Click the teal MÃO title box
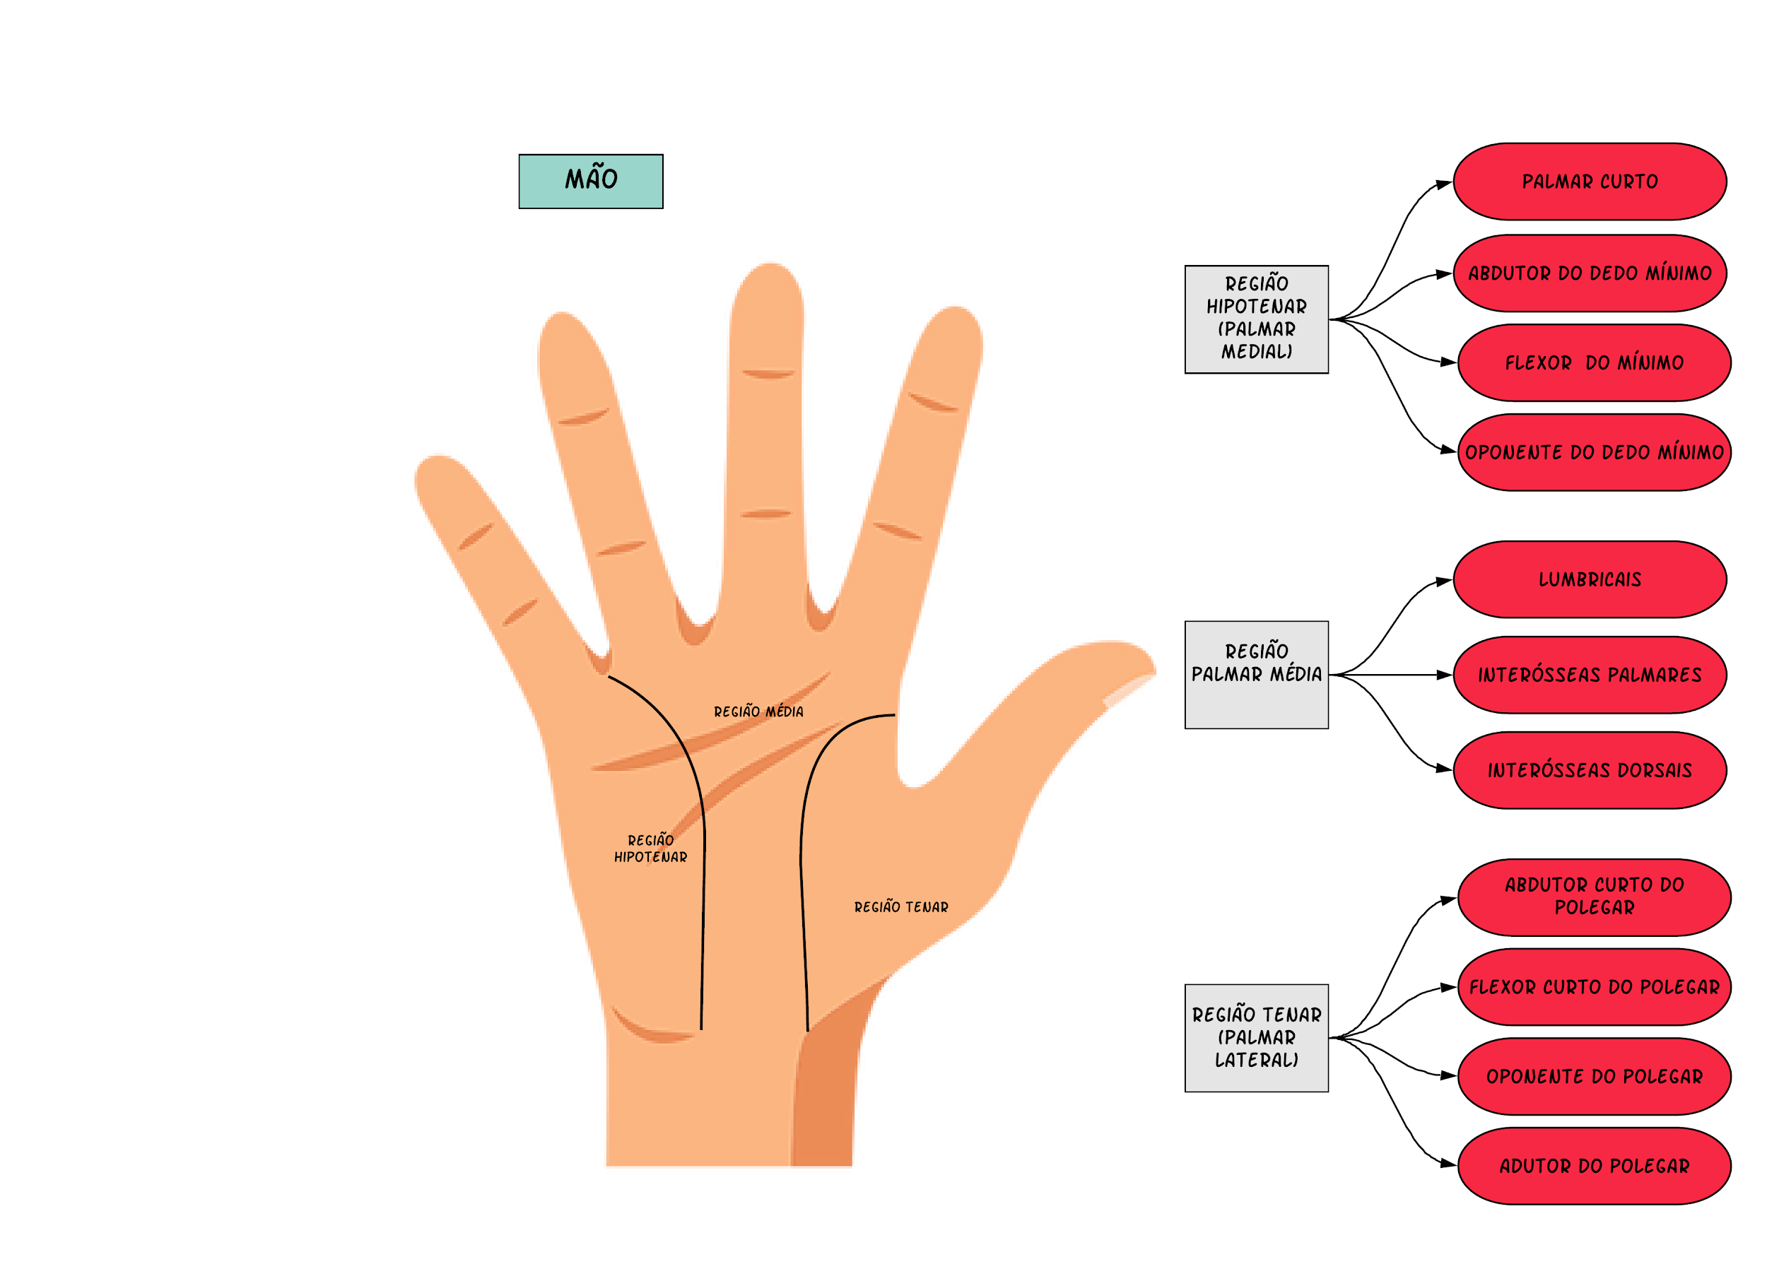(x=591, y=182)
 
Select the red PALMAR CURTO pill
(x=1590, y=182)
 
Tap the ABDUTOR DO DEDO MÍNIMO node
(x=1590, y=273)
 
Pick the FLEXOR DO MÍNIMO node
(x=1595, y=362)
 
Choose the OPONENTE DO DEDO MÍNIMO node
(x=1595, y=452)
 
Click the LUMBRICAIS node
(x=1590, y=579)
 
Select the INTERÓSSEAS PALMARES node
(x=1590, y=675)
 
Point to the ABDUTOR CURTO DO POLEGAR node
(x=1595, y=897)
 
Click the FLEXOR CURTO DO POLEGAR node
(x=1595, y=986)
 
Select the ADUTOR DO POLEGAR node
(x=1595, y=1165)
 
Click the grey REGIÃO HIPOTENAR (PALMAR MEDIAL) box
(x=1257, y=319)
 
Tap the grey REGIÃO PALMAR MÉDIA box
(x=1257, y=675)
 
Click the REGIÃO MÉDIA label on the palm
(x=758, y=711)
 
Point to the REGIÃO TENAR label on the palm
(x=900, y=906)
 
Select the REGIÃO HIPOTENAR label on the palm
(x=650, y=849)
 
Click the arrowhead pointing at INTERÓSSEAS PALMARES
(x=1444, y=675)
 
